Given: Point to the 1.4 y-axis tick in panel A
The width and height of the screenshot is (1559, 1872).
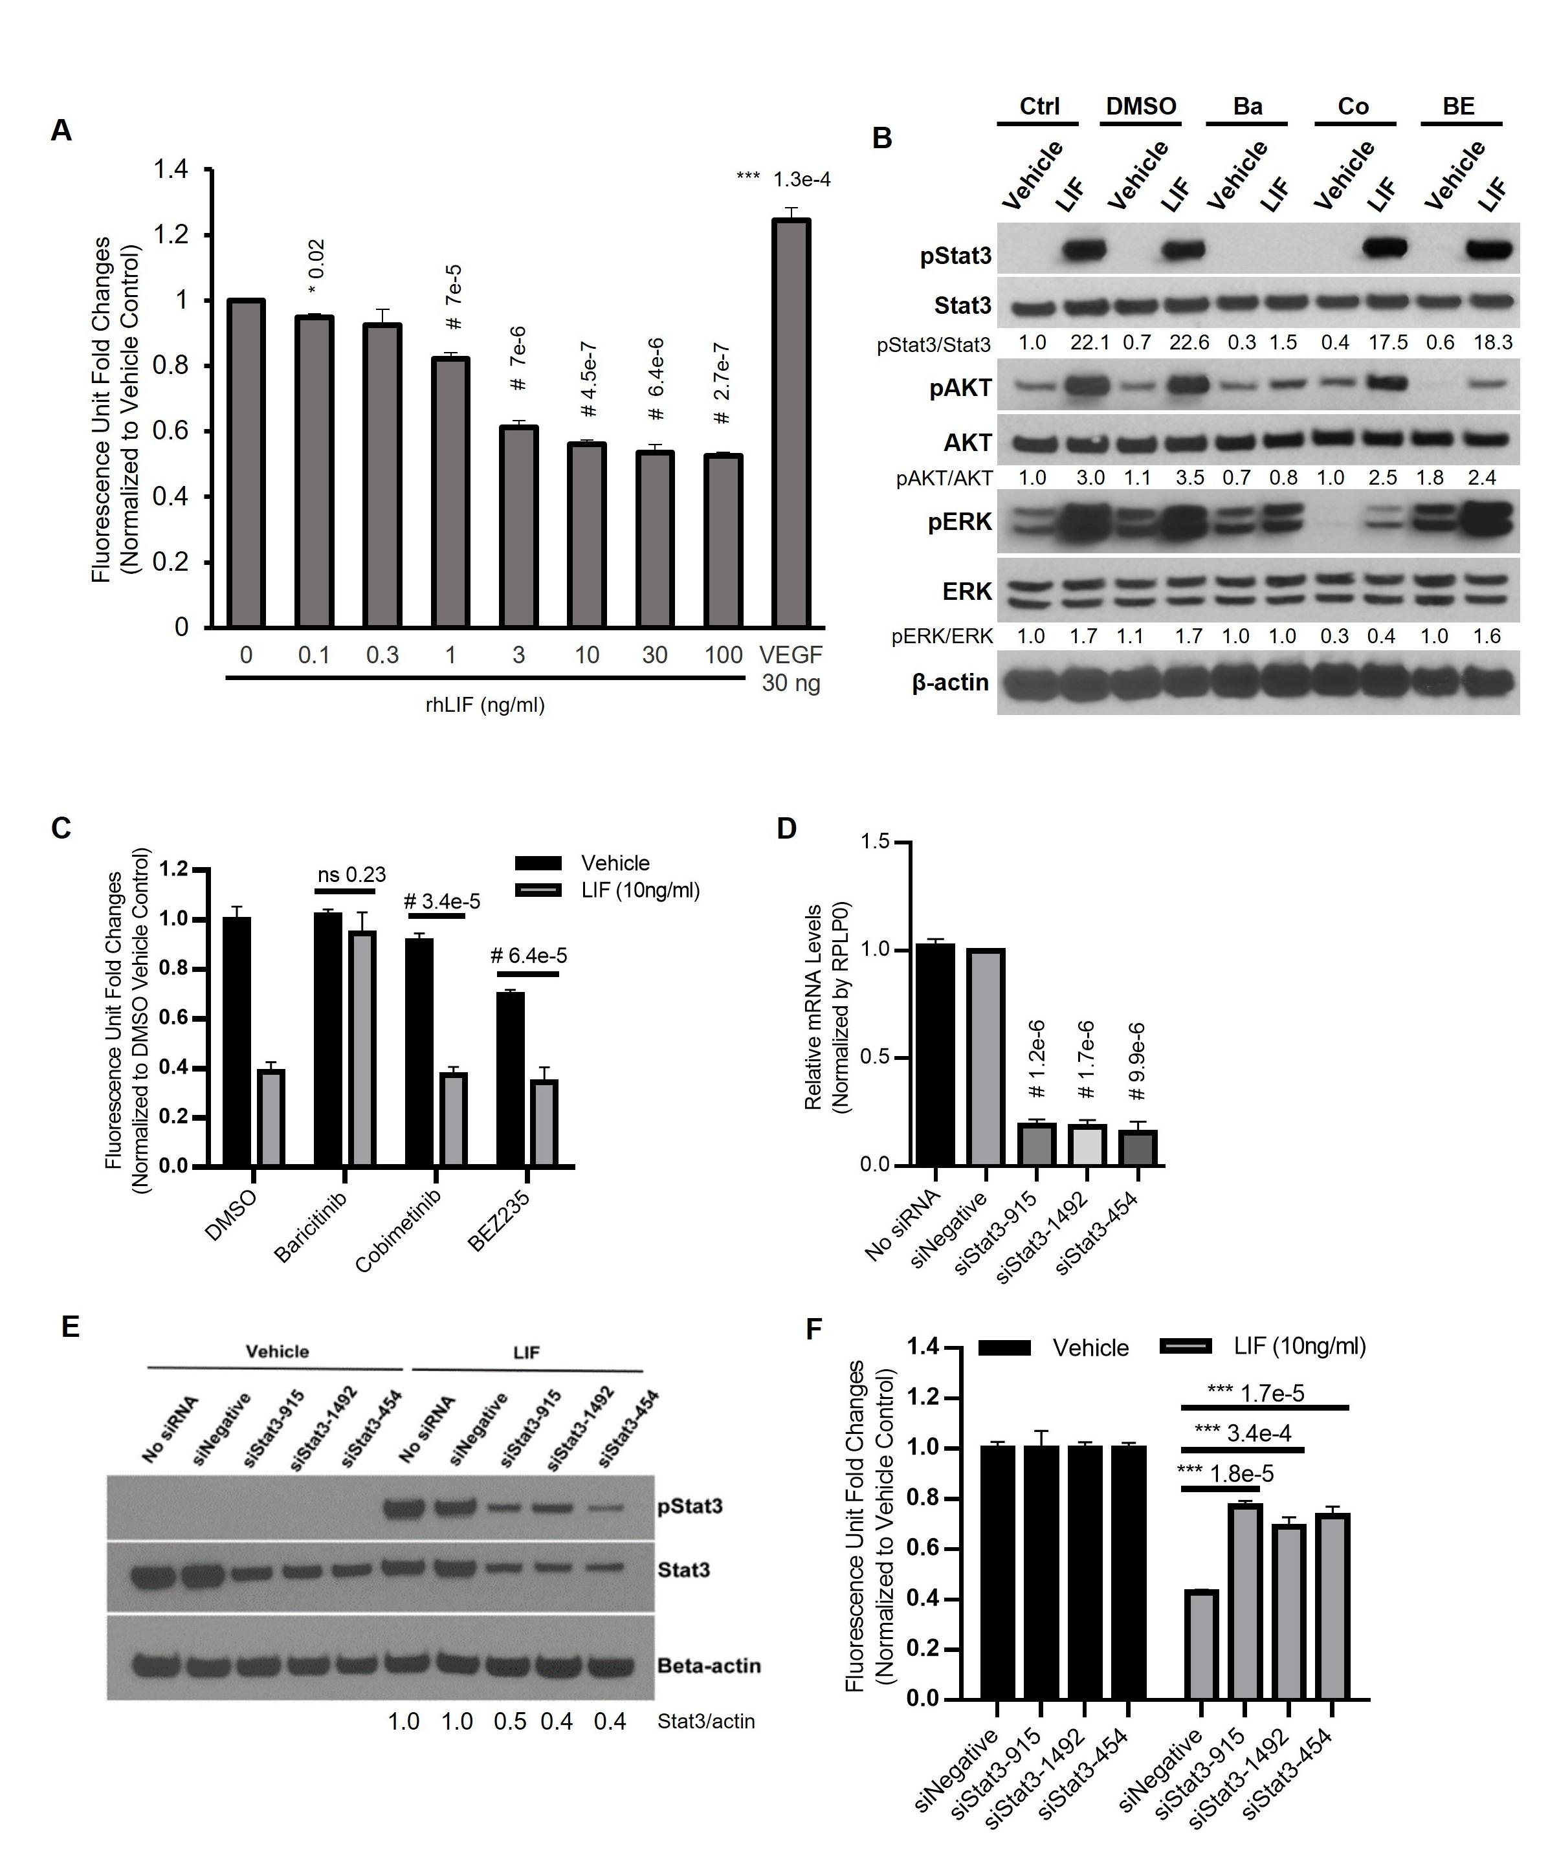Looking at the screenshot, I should (170, 170).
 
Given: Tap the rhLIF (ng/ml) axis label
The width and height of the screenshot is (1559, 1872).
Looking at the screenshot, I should (485, 705).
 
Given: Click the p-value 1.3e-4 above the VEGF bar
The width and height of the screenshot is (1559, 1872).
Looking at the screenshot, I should (801, 179).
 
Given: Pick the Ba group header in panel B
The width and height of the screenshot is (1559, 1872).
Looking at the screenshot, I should (1247, 107).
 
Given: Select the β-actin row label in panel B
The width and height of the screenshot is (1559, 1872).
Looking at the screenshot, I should (950, 683).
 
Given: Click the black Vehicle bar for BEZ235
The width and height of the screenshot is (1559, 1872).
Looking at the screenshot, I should (510, 1079).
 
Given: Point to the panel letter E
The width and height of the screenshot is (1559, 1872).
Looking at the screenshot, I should (71, 1327).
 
